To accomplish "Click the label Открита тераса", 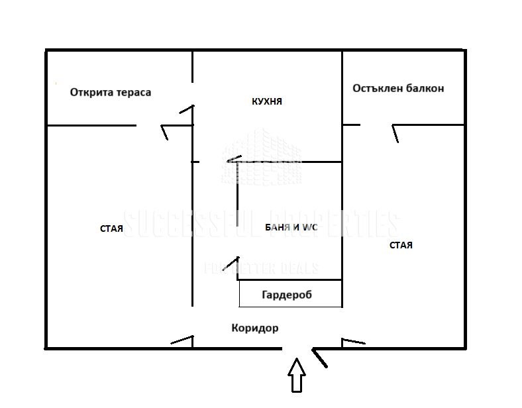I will (111, 92).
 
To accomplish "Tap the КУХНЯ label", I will (267, 101).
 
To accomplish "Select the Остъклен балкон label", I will (398, 88).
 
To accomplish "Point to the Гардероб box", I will (290, 294).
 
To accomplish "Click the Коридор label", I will (255, 328).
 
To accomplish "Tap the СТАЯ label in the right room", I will (401, 245).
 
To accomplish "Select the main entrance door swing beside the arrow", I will (319, 358).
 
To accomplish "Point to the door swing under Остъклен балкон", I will (395, 133).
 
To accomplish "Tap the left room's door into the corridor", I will (182, 340).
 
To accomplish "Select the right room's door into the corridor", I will (353, 341).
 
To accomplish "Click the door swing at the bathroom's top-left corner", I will (233, 159).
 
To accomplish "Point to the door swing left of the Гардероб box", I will (231, 264).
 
